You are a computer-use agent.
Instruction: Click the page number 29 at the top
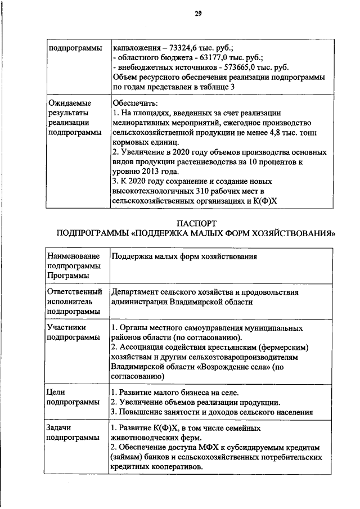pos(198,13)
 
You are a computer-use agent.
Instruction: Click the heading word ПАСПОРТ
pos(197,223)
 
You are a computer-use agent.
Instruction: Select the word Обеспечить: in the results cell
pos(134,102)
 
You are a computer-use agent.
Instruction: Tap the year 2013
pos(155,172)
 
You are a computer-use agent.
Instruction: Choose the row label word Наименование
pos(74,256)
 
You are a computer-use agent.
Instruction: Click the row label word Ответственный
pos(74,292)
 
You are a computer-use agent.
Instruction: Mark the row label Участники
pos(67,327)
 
